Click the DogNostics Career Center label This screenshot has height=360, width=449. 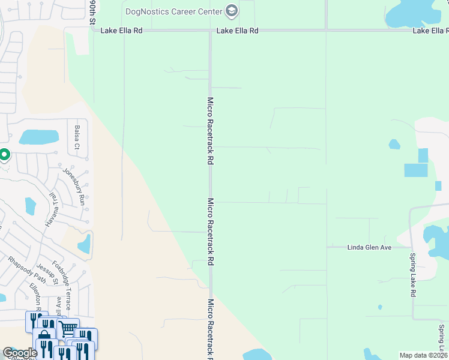pyautogui.click(x=173, y=11)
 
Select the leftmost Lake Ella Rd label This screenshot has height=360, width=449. pyautogui.click(x=122, y=30)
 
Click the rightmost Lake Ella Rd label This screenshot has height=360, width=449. pyautogui.click(x=430, y=30)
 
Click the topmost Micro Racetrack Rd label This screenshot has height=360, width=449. pyautogui.click(x=211, y=131)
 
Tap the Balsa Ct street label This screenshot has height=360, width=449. pyautogui.click(x=77, y=137)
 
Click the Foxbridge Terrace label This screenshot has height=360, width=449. pyautogui.click(x=62, y=285)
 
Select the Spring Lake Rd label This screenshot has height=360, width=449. pyautogui.click(x=413, y=275)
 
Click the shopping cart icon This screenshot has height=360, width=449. pyautogui.click(x=68, y=328)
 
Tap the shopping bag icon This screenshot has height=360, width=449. pyautogui.click(x=44, y=337)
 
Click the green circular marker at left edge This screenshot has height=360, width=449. pyautogui.click(x=4, y=155)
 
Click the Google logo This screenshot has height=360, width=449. pyautogui.click(x=19, y=353)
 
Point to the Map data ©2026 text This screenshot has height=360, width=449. pyautogui.click(x=423, y=355)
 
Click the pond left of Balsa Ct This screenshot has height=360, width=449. pyautogui.click(x=38, y=137)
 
